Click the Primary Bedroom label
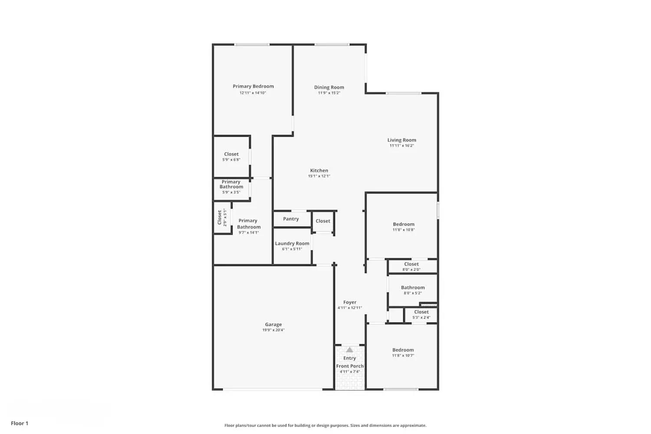pyautogui.click(x=253, y=86)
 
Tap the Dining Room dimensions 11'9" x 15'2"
pyautogui.click(x=329, y=93)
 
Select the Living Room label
pyautogui.click(x=401, y=140)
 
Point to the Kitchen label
pyautogui.click(x=319, y=171)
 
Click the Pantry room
pyautogui.click(x=291, y=219)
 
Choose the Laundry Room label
pyautogui.click(x=292, y=243)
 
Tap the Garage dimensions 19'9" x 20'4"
pyautogui.click(x=273, y=330)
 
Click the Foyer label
pyautogui.click(x=350, y=302)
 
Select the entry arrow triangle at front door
pyautogui.click(x=349, y=350)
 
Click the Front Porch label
pyautogui.click(x=350, y=366)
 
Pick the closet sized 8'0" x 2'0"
pyautogui.click(x=411, y=266)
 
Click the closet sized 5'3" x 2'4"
pyautogui.click(x=421, y=315)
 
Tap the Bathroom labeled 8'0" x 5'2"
pyautogui.click(x=413, y=290)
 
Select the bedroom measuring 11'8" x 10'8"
pyautogui.click(x=404, y=227)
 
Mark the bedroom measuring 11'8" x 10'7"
pyautogui.click(x=403, y=352)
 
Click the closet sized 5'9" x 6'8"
pyautogui.click(x=231, y=157)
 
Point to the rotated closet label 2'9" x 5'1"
pyautogui.click(x=222, y=217)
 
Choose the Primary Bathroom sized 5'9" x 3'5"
pyautogui.click(x=231, y=187)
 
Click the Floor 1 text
pyautogui.click(x=20, y=424)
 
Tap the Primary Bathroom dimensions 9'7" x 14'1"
pyautogui.click(x=249, y=233)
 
